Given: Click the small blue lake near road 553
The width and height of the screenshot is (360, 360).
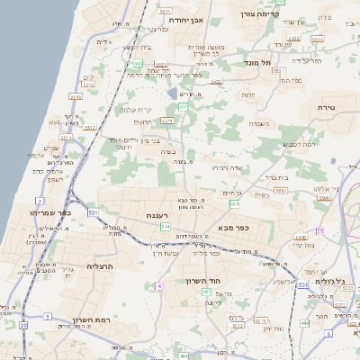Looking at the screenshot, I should (x=172, y=93).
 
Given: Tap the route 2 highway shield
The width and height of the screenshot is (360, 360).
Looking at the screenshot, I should (x=40, y=200).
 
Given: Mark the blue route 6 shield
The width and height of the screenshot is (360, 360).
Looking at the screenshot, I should (x=329, y=334).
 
